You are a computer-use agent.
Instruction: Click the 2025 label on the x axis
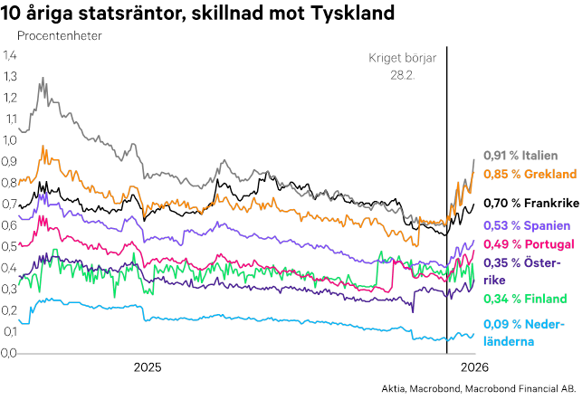coord(148,367)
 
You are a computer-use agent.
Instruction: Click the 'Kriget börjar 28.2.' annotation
coord(402,66)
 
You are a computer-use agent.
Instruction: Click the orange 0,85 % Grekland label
coord(530,174)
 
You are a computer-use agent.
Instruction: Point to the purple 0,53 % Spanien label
coord(526,225)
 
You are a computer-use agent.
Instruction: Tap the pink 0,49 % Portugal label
coord(528,244)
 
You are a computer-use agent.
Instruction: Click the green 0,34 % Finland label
coord(525,299)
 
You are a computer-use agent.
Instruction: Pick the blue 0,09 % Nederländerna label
coord(524,331)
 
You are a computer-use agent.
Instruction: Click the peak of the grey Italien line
coord(43,79)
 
